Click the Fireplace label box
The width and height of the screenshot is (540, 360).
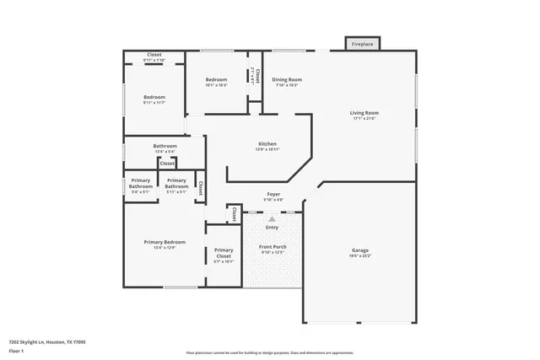[x=362, y=43]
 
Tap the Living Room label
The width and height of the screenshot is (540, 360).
[x=364, y=112]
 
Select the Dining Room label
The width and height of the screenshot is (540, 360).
[x=287, y=80]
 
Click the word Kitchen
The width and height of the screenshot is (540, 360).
[x=267, y=144]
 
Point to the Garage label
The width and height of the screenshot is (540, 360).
[x=360, y=250]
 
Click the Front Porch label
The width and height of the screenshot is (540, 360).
[x=273, y=247]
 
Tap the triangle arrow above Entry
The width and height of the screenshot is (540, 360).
[x=272, y=219]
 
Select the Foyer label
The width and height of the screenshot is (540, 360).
[x=273, y=194]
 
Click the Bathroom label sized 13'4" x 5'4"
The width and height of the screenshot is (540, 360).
[x=165, y=146]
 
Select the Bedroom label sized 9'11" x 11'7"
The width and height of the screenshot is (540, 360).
[x=154, y=97]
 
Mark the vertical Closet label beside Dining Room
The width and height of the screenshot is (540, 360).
[x=255, y=78]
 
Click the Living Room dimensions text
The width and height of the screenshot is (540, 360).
[x=364, y=118]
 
